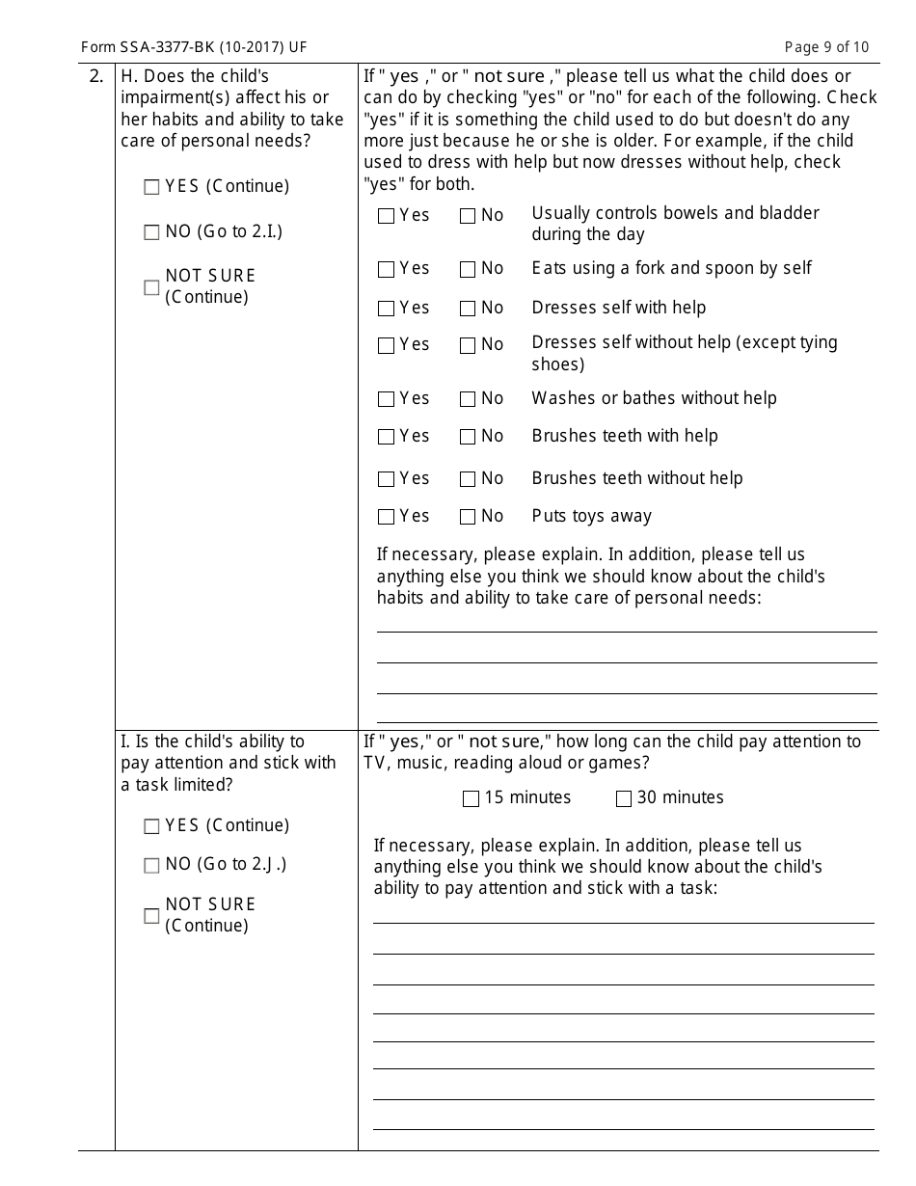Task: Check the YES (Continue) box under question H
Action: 151,188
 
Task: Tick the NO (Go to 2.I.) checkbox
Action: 151,232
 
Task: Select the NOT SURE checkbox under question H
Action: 151,287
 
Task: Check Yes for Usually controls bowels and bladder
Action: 386,216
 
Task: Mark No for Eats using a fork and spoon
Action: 468,269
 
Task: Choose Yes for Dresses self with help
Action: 386,309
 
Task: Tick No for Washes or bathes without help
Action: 468,399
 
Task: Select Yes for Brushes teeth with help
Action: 386,437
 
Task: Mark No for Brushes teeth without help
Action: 468,479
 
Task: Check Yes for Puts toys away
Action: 386,517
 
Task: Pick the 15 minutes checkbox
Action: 471,798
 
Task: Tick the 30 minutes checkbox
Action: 624,798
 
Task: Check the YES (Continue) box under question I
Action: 151,826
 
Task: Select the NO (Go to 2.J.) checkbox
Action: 151,866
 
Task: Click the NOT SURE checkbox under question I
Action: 151,916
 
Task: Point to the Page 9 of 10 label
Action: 826,47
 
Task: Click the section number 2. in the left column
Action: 96,76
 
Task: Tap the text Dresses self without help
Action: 684,343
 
